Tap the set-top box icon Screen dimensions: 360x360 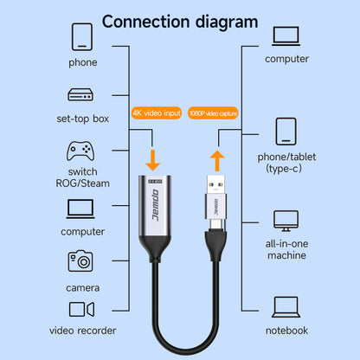(80, 95)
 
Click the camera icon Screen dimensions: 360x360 (80, 260)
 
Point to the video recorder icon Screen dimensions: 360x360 (80, 310)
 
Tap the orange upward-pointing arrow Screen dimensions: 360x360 (216, 160)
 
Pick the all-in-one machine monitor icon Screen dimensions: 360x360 (286, 219)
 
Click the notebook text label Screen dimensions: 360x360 (286, 330)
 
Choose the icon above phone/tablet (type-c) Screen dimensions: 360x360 (286, 132)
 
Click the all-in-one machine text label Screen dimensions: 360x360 (286, 250)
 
